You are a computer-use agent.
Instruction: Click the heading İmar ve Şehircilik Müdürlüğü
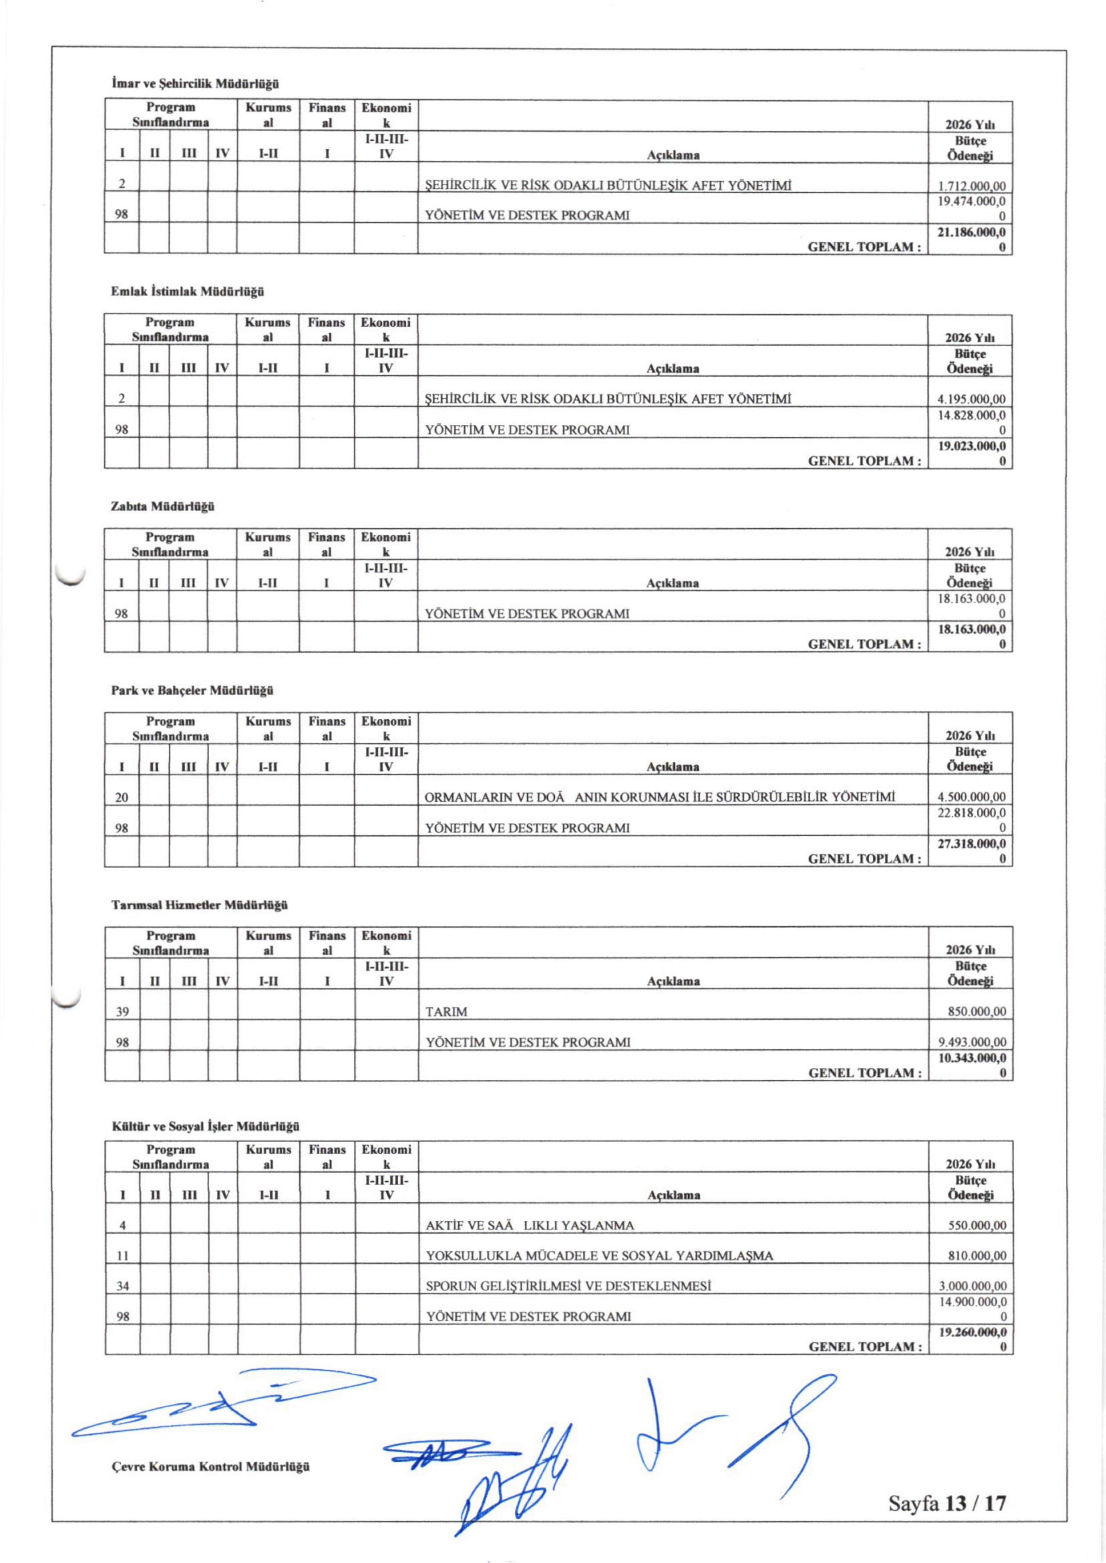(x=195, y=84)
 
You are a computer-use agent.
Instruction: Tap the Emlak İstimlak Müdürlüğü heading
(x=187, y=292)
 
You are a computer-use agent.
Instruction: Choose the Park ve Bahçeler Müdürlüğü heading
(x=192, y=691)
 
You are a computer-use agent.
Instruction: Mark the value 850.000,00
(x=977, y=1012)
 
